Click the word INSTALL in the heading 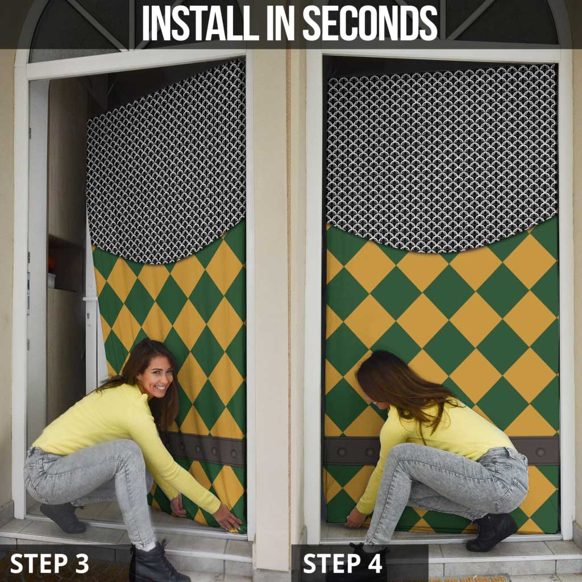[x=200, y=23]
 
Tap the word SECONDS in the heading [x=371, y=23]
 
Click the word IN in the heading [x=281, y=23]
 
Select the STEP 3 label [x=49, y=563]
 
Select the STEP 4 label [x=342, y=563]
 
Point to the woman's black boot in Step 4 [x=492, y=531]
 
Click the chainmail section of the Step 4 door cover [x=442, y=156]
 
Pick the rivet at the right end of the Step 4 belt [x=541, y=452]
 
